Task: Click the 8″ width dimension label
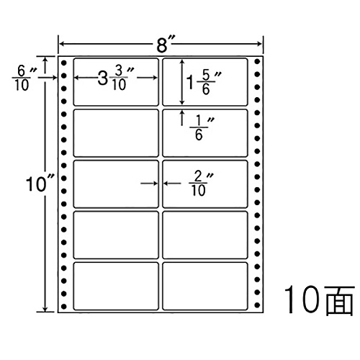click(x=166, y=44)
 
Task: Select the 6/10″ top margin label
click(x=24, y=78)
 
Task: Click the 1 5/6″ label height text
click(x=204, y=82)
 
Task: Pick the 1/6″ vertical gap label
click(x=202, y=128)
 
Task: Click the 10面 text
click(x=319, y=300)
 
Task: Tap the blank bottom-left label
click(x=116, y=286)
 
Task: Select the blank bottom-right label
click(x=205, y=286)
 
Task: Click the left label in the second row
click(x=116, y=133)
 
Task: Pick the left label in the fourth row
click(x=116, y=235)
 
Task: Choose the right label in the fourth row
click(x=205, y=235)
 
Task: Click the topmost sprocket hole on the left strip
click(x=63, y=63)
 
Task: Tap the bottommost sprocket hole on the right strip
click(x=257, y=305)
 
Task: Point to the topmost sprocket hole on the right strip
click(x=257, y=61)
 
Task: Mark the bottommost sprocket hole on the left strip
click(x=63, y=306)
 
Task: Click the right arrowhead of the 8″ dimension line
click(x=259, y=44)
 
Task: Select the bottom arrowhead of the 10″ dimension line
click(x=45, y=309)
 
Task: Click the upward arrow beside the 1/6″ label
click(x=182, y=117)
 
